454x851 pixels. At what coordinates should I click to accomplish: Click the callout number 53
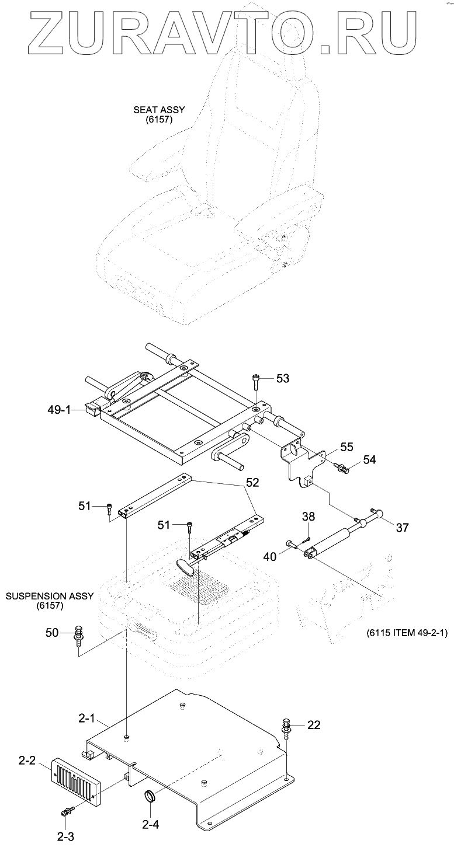click(x=283, y=379)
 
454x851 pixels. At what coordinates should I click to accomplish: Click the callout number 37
click(x=402, y=528)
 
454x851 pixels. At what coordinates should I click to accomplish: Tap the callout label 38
click(x=309, y=517)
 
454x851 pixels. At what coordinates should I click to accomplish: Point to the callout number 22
click(x=314, y=725)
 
